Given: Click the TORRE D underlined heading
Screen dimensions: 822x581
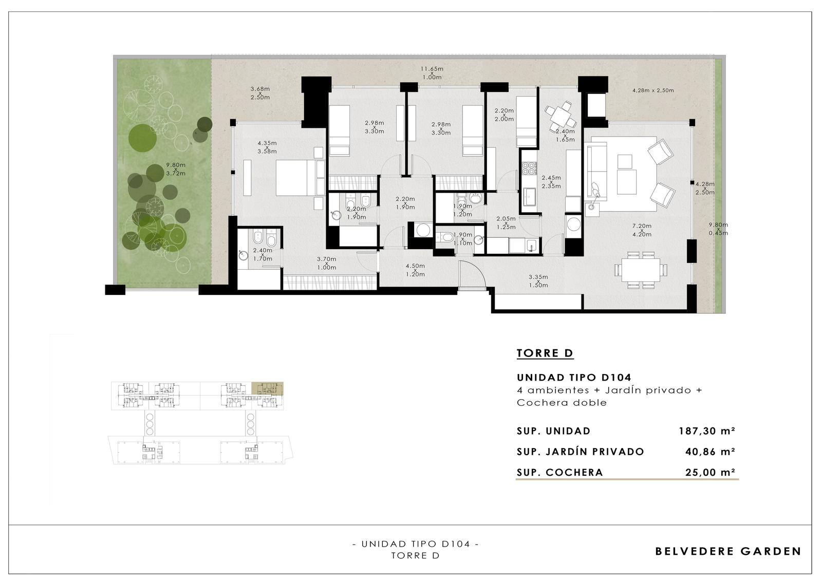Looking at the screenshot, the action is point(545,353).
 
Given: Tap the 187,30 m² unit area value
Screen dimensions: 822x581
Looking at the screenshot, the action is point(707,430).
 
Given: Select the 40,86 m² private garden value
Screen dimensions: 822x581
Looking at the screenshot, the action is point(710,452).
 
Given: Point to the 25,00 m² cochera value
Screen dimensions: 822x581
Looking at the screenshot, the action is point(710,473).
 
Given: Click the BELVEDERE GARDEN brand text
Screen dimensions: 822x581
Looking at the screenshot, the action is point(728,551).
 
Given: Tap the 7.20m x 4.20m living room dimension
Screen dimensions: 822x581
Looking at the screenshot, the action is point(642,230).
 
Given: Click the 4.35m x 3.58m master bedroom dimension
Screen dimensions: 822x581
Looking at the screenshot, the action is point(267,147).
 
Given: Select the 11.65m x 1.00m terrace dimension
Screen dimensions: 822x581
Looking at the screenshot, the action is point(432,73).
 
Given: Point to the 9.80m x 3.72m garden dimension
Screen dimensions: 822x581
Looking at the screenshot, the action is point(176,169).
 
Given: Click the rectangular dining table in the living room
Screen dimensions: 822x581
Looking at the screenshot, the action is point(641,271).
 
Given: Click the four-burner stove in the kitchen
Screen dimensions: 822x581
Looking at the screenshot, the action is point(529,168).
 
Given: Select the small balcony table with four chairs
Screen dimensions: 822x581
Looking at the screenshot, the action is point(560,116).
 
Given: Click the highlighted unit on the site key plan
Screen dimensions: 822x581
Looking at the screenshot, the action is point(267,388).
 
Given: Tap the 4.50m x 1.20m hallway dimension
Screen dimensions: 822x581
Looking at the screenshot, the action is point(416,270).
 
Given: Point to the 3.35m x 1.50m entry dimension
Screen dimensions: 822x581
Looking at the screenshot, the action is point(538,281).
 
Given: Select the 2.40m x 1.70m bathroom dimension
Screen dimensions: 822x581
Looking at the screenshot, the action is point(263,254).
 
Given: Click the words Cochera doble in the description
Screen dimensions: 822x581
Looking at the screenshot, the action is point(562,403).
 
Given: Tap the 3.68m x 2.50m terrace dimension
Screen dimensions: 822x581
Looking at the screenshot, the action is point(260,93).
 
